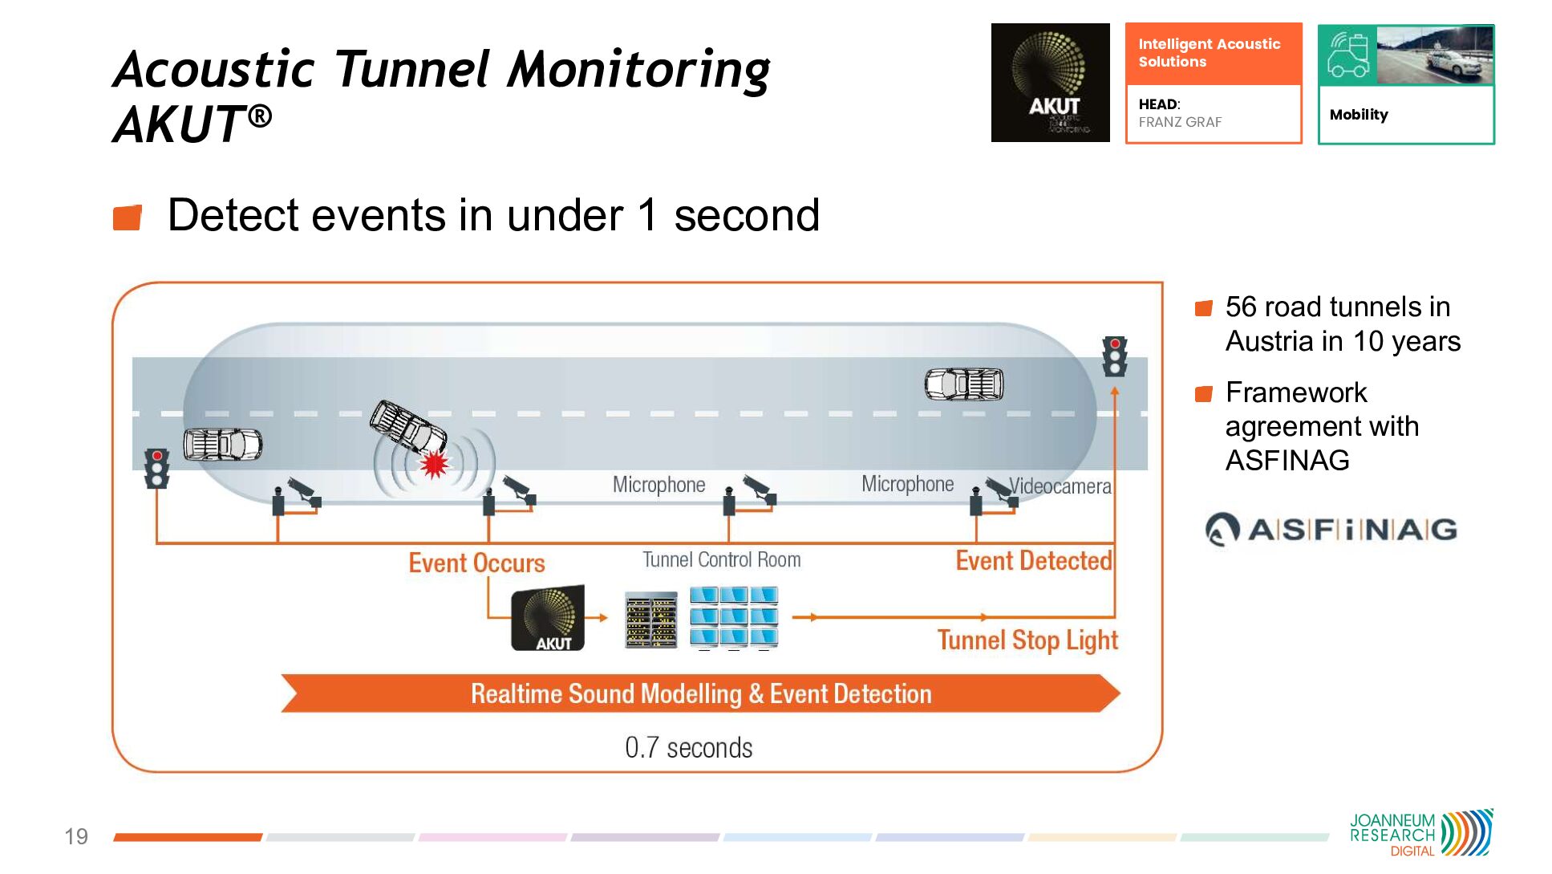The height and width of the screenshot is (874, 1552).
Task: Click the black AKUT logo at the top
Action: pyautogui.click(x=1050, y=83)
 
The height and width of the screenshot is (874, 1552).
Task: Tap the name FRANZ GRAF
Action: pyautogui.click(x=1180, y=122)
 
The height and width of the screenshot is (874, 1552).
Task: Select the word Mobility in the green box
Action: pyautogui.click(x=1359, y=115)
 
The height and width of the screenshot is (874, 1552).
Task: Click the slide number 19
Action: pyautogui.click(x=76, y=836)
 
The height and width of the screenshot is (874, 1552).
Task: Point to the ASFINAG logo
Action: pyautogui.click(x=1331, y=530)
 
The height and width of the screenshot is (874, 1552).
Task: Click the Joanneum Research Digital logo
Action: pyautogui.click(x=1420, y=833)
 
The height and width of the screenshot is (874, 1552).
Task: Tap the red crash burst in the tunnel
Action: pyautogui.click(x=434, y=464)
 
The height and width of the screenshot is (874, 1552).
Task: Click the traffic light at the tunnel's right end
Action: pyautogui.click(x=1115, y=356)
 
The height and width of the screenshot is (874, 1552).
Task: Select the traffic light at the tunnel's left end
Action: pyautogui.click(x=157, y=468)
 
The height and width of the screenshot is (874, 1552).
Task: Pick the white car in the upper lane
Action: pyautogui.click(x=964, y=384)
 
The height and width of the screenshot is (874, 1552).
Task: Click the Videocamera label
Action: pyautogui.click(x=1060, y=486)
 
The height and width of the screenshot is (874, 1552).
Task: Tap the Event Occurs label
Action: pyautogui.click(x=476, y=563)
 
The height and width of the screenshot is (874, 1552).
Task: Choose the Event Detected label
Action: pyautogui.click(x=1034, y=560)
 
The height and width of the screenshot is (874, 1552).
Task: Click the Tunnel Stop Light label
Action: pyautogui.click(x=1027, y=640)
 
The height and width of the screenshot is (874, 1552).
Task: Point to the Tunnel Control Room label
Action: pyautogui.click(x=721, y=559)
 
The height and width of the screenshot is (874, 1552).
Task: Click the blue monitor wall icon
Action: pyautogui.click(x=734, y=617)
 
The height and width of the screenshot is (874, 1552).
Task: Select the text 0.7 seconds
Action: pyautogui.click(x=688, y=747)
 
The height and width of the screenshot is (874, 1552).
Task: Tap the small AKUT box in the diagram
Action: pyautogui.click(x=548, y=619)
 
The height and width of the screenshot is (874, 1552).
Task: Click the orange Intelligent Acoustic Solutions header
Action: pyautogui.click(x=1213, y=54)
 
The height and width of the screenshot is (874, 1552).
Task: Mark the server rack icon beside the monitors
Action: pyautogui.click(x=650, y=620)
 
